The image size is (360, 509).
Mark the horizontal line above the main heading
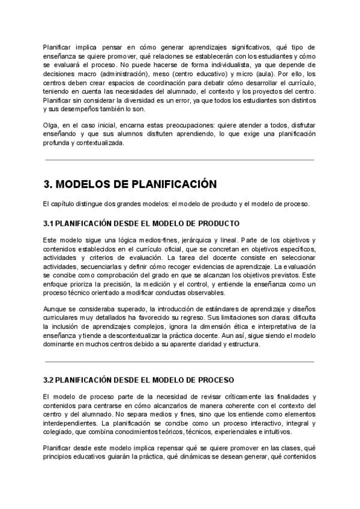point(179,160)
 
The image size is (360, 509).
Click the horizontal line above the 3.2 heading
point(179,362)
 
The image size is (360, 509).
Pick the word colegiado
point(59,432)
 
